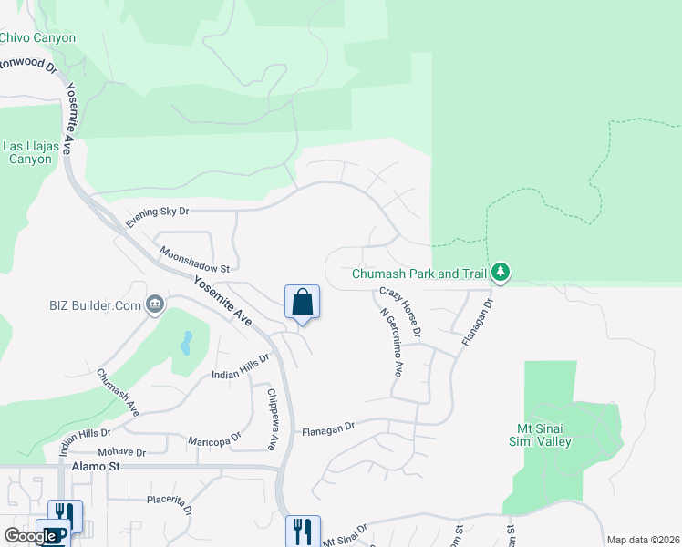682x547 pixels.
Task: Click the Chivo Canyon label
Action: (x=37, y=37)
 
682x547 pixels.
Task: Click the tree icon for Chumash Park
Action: (x=500, y=273)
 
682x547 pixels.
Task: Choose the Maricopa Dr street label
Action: (x=213, y=440)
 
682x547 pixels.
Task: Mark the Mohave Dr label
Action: (x=121, y=452)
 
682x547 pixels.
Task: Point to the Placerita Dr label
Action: (x=170, y=503)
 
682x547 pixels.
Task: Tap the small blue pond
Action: (x=186, y=344)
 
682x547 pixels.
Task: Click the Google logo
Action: (x=30, y=536)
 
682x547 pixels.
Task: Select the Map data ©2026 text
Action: (x=642, y=540)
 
